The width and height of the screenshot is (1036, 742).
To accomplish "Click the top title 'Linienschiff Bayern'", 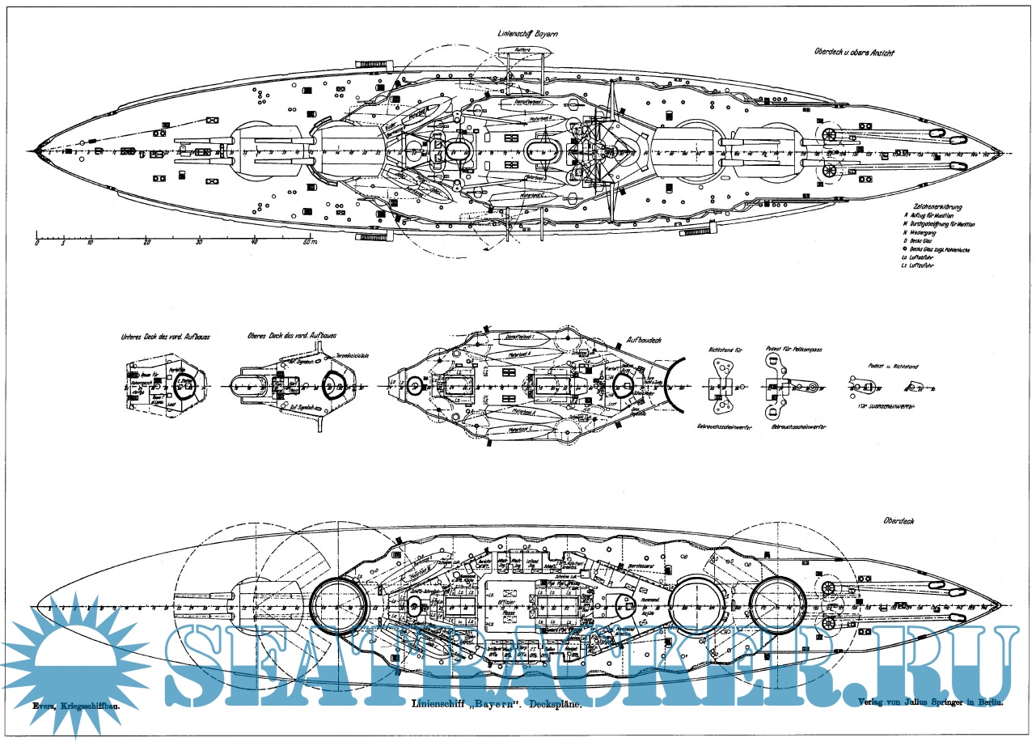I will click(527, 33).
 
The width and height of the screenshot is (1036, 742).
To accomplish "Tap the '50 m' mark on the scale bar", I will click(310, 242).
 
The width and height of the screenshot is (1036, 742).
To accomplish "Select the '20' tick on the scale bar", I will click(146, 242).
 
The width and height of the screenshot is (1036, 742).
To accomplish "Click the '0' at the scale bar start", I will click(37, 242).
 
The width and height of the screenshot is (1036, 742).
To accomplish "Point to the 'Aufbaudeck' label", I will click(644, 340).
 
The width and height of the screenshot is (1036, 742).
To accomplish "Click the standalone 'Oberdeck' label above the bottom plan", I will click(899, 521).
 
